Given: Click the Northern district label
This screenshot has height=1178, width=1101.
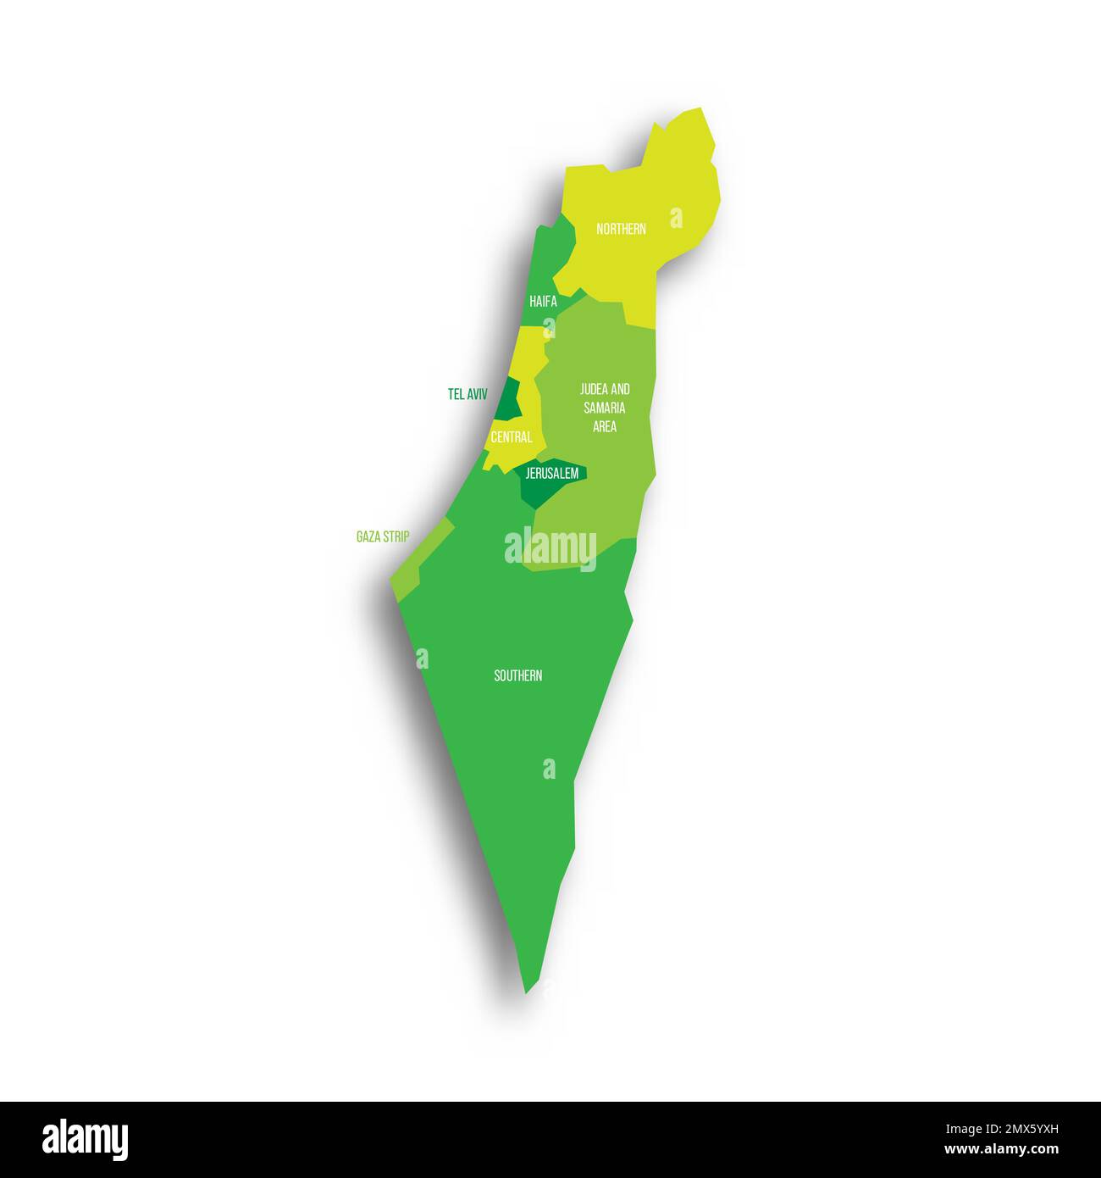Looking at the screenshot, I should [621, 229].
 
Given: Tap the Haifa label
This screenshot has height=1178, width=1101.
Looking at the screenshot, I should [543, 301].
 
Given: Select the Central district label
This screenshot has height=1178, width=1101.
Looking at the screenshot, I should [512, 437].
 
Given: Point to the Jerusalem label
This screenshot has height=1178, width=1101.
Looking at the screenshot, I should [551, 473].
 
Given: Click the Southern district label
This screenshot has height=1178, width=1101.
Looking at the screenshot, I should [518, 675].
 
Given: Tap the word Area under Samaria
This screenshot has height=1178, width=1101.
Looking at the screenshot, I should [605, 426].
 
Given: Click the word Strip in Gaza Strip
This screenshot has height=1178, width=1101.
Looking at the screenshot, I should [396, 536].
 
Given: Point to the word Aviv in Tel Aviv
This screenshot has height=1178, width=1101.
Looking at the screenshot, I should [476, 394].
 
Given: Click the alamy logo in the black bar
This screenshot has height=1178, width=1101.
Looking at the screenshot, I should [85, 1140].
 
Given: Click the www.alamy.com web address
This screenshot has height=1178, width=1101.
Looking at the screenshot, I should [1001, 1150].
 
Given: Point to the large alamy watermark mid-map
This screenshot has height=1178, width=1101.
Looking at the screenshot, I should [550, 547].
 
